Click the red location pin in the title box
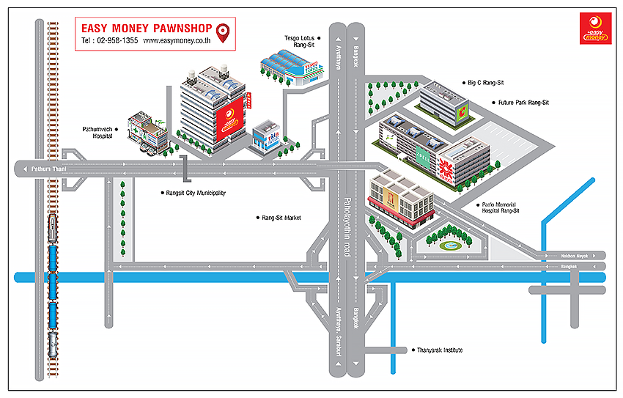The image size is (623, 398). [224, 32]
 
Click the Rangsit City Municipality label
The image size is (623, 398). [196, 193]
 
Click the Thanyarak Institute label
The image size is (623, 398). [439, 350]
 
